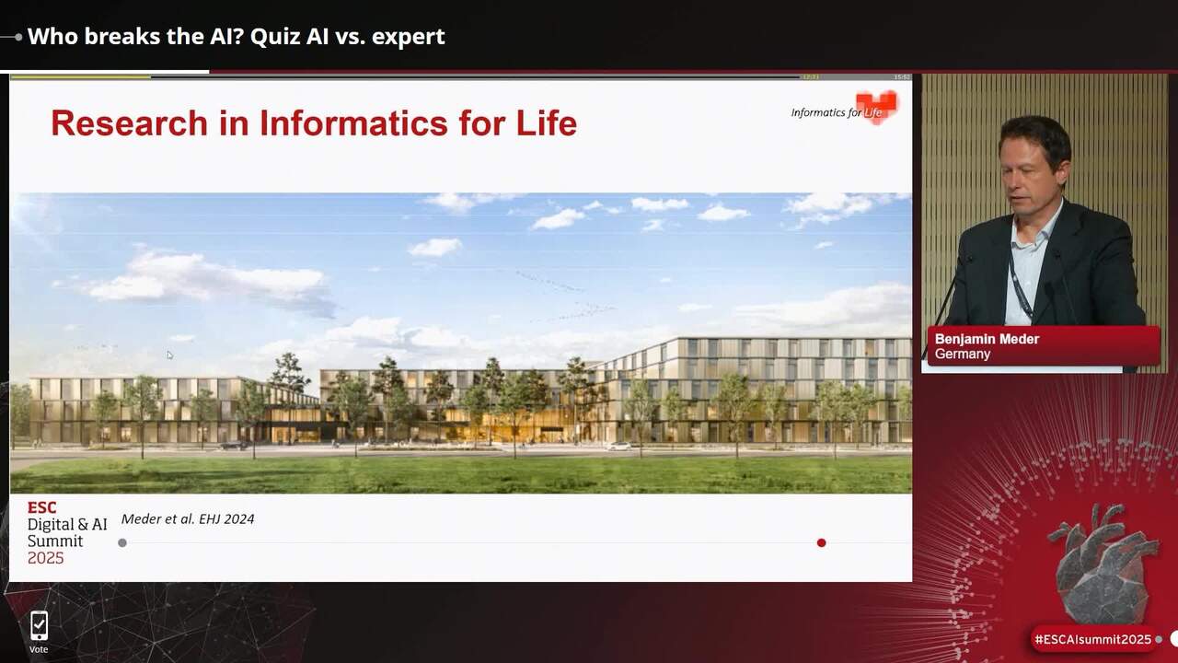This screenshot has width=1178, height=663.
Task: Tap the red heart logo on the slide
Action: coord(876,106)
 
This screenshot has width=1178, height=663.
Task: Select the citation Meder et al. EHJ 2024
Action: coord(188,519)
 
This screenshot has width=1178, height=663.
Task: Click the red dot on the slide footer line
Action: coord(821,542)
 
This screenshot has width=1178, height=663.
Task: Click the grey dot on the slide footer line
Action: coord(122,542)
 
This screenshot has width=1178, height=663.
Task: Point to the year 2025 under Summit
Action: coord(46,558)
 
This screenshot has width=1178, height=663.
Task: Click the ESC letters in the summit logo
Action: coord(41,507)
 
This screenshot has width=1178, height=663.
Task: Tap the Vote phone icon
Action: coord(39,626)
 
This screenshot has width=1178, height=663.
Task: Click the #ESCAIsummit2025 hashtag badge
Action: coord(1092,639)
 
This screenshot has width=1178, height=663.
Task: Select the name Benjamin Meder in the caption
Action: coord(987,339)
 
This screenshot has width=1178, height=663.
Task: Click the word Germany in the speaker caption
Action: coord(963,355)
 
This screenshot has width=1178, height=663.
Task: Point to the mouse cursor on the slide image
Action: coord(169,355)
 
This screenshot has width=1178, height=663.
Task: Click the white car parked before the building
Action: coord(618,446)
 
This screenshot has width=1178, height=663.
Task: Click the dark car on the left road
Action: coord(235,445)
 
